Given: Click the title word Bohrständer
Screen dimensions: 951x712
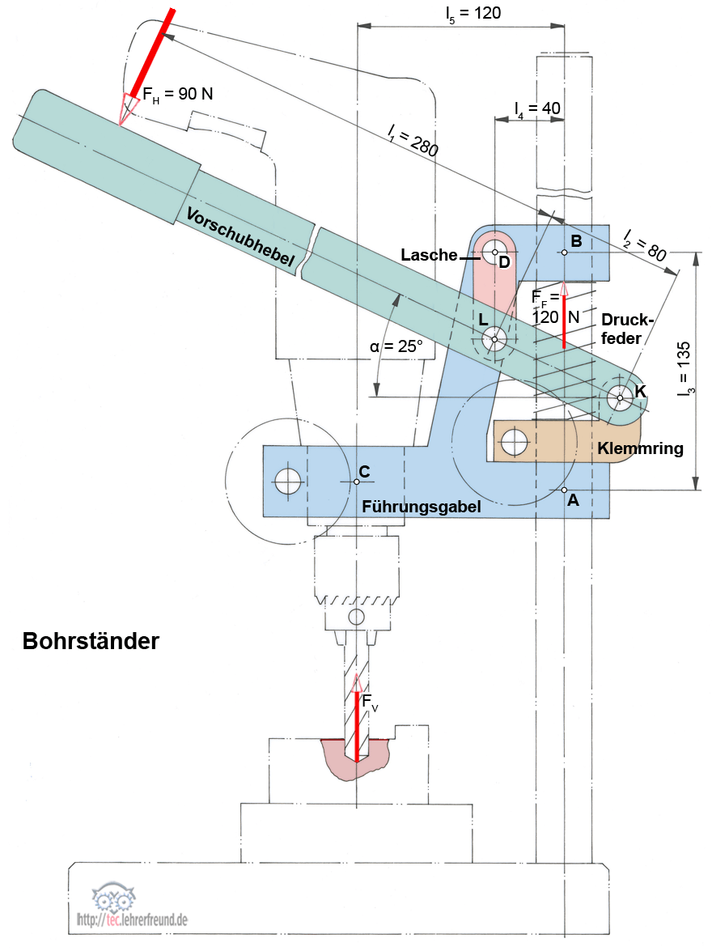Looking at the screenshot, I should [x=91, y=641].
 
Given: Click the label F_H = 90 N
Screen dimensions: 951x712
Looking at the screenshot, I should [x=178, y=95].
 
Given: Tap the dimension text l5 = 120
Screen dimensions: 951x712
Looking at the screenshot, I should [x=473, y=13].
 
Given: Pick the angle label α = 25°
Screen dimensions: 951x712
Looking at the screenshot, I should [x=396, y=346].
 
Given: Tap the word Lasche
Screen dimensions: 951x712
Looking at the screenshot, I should [x=429, y=255].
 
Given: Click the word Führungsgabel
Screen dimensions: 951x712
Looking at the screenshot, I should [x=422, y=506].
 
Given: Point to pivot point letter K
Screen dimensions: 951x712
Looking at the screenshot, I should [x=641, y=391].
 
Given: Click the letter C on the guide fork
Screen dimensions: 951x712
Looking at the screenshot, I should [x=364, y=471].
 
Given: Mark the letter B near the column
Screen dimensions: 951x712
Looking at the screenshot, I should [x=576, y=240].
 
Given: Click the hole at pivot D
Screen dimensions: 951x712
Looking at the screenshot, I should [x=491, y=253].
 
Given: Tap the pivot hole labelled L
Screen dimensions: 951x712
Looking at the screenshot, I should [x=494, y=338].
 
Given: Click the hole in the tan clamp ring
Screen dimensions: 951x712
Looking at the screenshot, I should [x=514, y=442].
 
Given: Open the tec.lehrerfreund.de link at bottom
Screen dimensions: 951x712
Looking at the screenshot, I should [x=133, y=919].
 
